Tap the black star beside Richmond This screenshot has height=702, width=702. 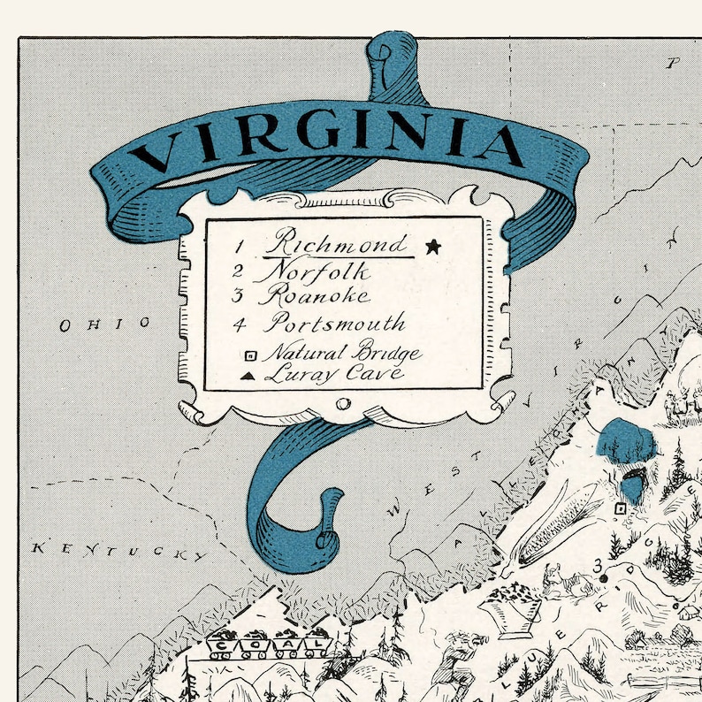pyautogui.click(x=432, y=247)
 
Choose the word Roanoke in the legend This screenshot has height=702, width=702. pyautogui.click(x=313, y=295)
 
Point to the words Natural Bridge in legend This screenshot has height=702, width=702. pyautogui.click(x=345, y=355)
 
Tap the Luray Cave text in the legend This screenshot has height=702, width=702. pyautogui.click(x=334, y=373)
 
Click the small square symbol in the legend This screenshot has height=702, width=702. pyautogui.click(x=249, y=355)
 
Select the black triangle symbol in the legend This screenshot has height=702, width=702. pyautogui.click(x=249, y=376)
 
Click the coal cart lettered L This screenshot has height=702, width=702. pyautogui.click(x=315, y=646)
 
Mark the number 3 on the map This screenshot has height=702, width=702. pyautogui.click(x=599, y=564)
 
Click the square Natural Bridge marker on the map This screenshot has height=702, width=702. pyautogui.click(x=621, y=508)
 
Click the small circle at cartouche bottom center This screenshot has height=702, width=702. pyautogui.click(x=344, y=404)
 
